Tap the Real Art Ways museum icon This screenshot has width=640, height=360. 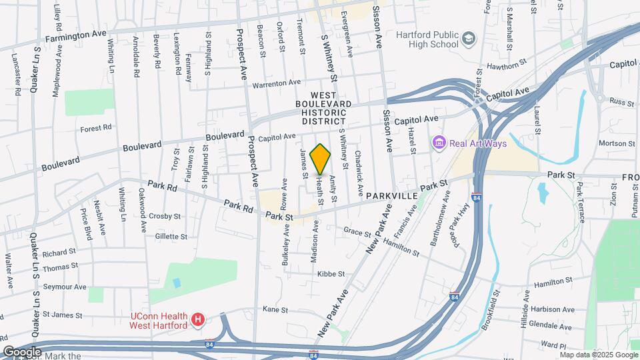coord(439,143)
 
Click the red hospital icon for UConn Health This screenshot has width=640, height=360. coord(197,321)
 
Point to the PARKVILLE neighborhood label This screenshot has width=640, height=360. coord(392,197)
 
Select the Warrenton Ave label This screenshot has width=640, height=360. coord(276,83)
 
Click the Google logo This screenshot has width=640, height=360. coord(22,351)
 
